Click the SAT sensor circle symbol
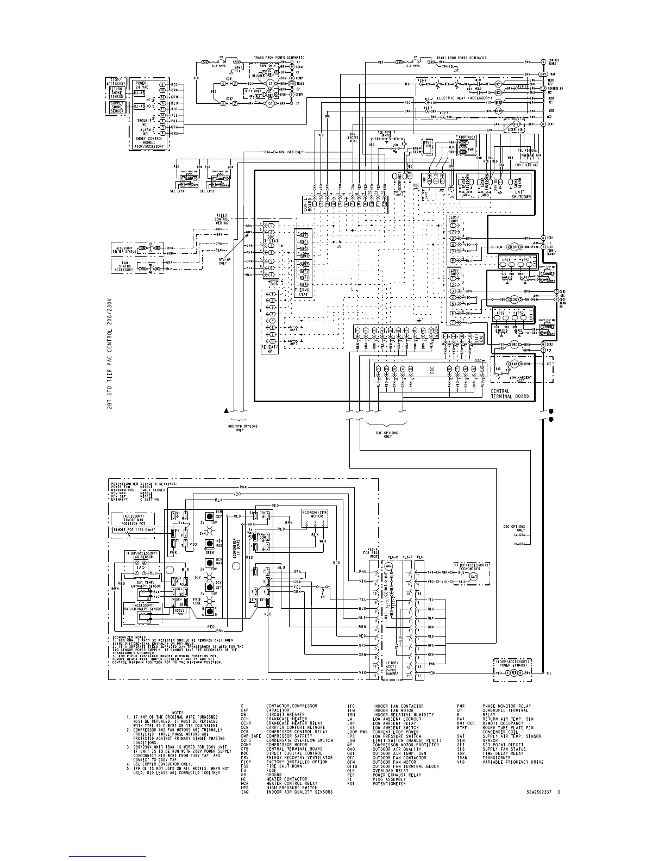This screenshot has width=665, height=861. click(473, 576)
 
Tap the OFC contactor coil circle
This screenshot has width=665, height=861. click(513, 345)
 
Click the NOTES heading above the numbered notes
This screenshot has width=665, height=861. click(178, 713)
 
